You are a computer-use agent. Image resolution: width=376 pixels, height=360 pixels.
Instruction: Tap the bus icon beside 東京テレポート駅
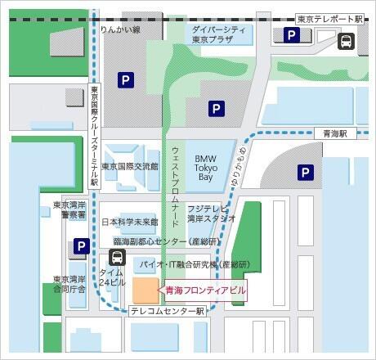(x=347, y=40)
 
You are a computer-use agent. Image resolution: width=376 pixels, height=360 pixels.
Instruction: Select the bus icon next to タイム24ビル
(x=117, y=257)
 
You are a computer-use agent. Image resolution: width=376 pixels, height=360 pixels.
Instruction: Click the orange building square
(x=147, y=290)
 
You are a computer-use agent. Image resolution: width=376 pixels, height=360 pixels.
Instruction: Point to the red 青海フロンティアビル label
(x=204, y=290)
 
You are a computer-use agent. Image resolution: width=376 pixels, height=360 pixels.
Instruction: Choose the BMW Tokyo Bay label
(x=205, y=168)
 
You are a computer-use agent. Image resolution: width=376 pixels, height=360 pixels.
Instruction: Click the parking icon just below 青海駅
(x=305, y=172)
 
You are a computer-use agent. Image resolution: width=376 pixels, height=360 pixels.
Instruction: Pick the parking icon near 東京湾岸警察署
(x=81, y=245)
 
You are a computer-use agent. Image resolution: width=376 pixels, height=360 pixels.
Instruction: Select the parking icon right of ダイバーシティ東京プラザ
(x=290, y=35)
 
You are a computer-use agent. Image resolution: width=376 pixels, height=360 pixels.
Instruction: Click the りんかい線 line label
(x=120, y=29)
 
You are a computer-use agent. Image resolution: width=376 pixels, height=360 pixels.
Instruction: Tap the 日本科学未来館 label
(x=129, y=222)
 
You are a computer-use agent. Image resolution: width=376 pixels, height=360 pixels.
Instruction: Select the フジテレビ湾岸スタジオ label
(x=211, y=214)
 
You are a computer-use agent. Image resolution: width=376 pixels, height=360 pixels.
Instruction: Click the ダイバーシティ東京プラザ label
(x=219, y=34)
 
